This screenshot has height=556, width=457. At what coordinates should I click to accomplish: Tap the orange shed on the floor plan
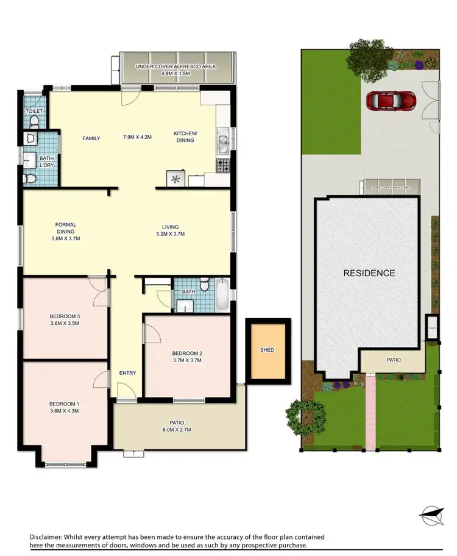(267, 349)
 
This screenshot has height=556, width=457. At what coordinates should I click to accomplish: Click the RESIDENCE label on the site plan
(369, 273)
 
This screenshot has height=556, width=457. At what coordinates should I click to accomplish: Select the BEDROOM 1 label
(65, 404)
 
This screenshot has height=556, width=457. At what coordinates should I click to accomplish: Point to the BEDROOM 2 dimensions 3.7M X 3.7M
(186, 360)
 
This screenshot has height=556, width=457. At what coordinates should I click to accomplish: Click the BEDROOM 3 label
(65, 316)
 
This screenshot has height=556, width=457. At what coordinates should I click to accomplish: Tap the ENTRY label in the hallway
(127, 373)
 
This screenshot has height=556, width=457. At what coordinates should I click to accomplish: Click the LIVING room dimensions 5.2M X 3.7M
(169, 234)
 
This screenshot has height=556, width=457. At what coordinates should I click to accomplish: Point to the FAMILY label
(91, 138)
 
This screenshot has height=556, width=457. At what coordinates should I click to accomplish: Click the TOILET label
(35, 112)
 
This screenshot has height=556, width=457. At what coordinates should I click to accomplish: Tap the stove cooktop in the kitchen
(223, 164)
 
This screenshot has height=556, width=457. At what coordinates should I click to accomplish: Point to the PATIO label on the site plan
(394, 360)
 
